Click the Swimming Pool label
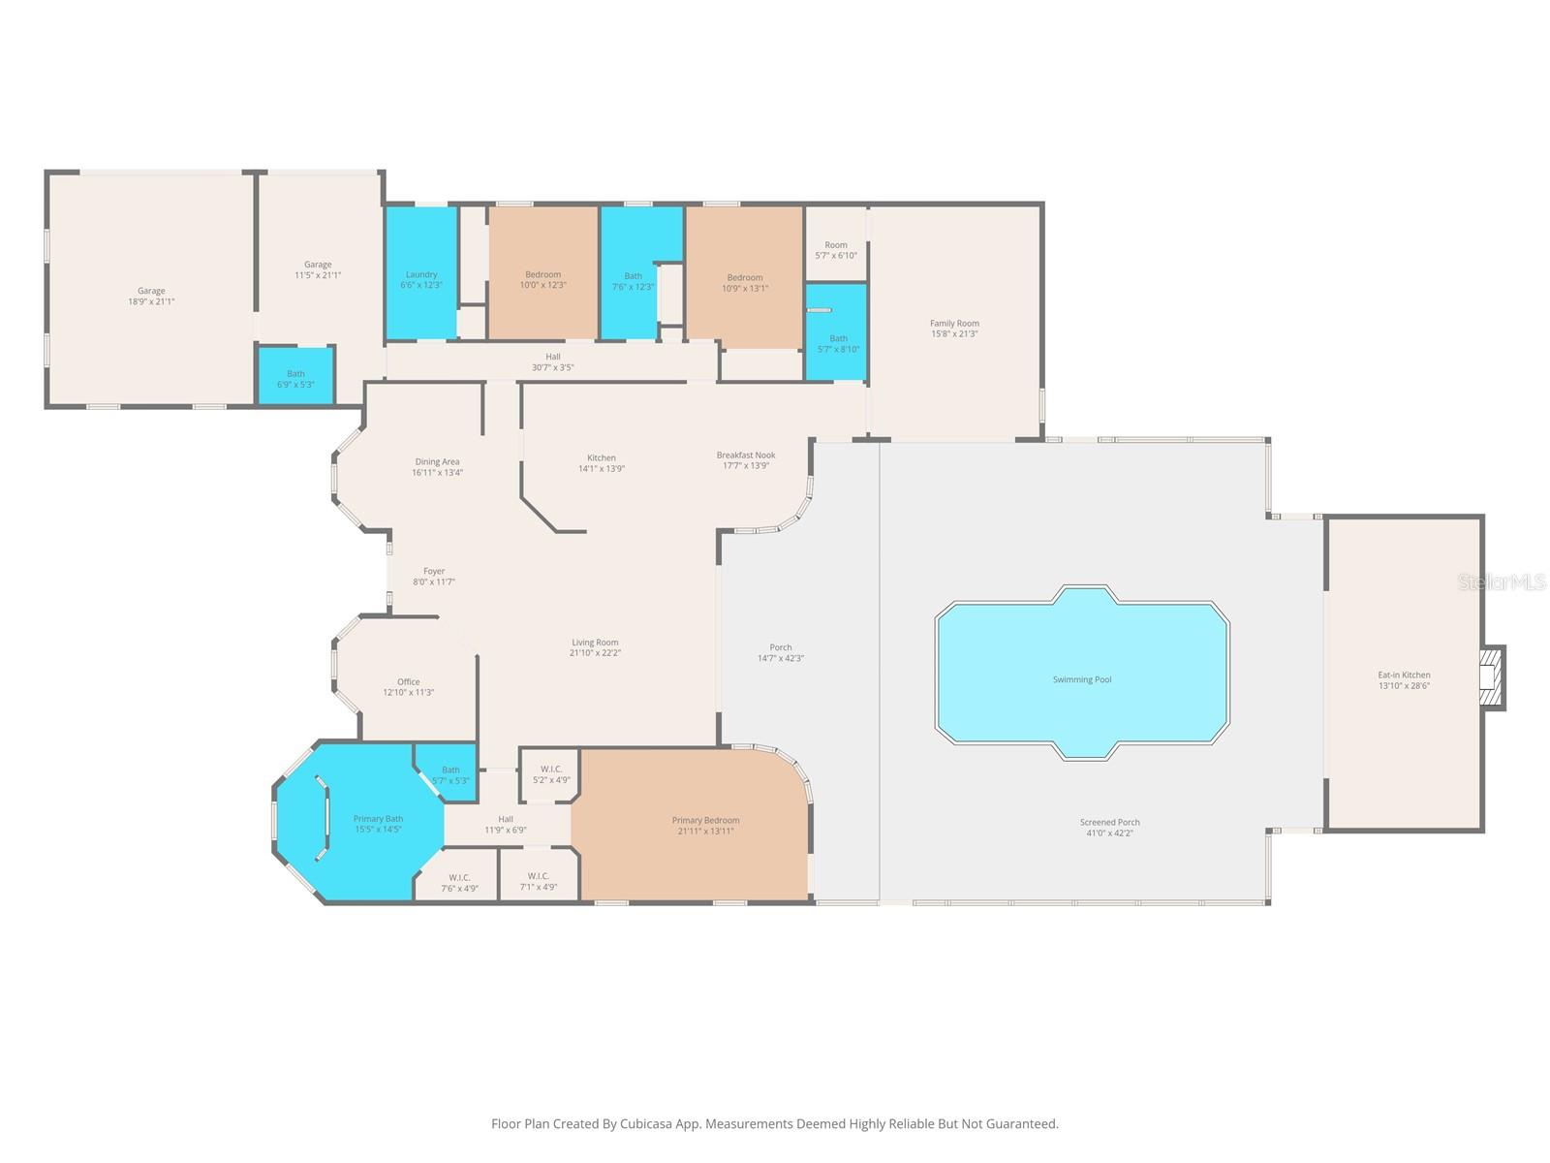click(x=1081, y=679)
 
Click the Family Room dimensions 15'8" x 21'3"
click(x=954, y=334)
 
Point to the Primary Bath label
click(x=378, y=819)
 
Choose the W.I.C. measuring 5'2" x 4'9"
click(x=551, y=773)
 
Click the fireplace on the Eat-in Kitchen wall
click(x=1491, y=677)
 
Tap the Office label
click(x=408, y=681)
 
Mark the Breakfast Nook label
click(x=746, y=455)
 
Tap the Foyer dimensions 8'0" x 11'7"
click(x=434, y=582)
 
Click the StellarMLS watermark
click(x=1501, y=581)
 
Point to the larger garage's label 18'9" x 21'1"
click(x=150, y=301)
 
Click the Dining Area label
click(x=437, y=461)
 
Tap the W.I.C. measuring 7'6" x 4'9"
click(x=459, y=882)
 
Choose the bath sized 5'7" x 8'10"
click(x=838, y=344)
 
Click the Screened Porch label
click(x=1109, y=822)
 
